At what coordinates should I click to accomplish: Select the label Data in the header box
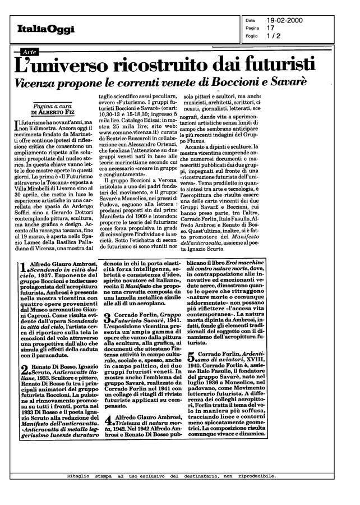pos(250,20)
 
